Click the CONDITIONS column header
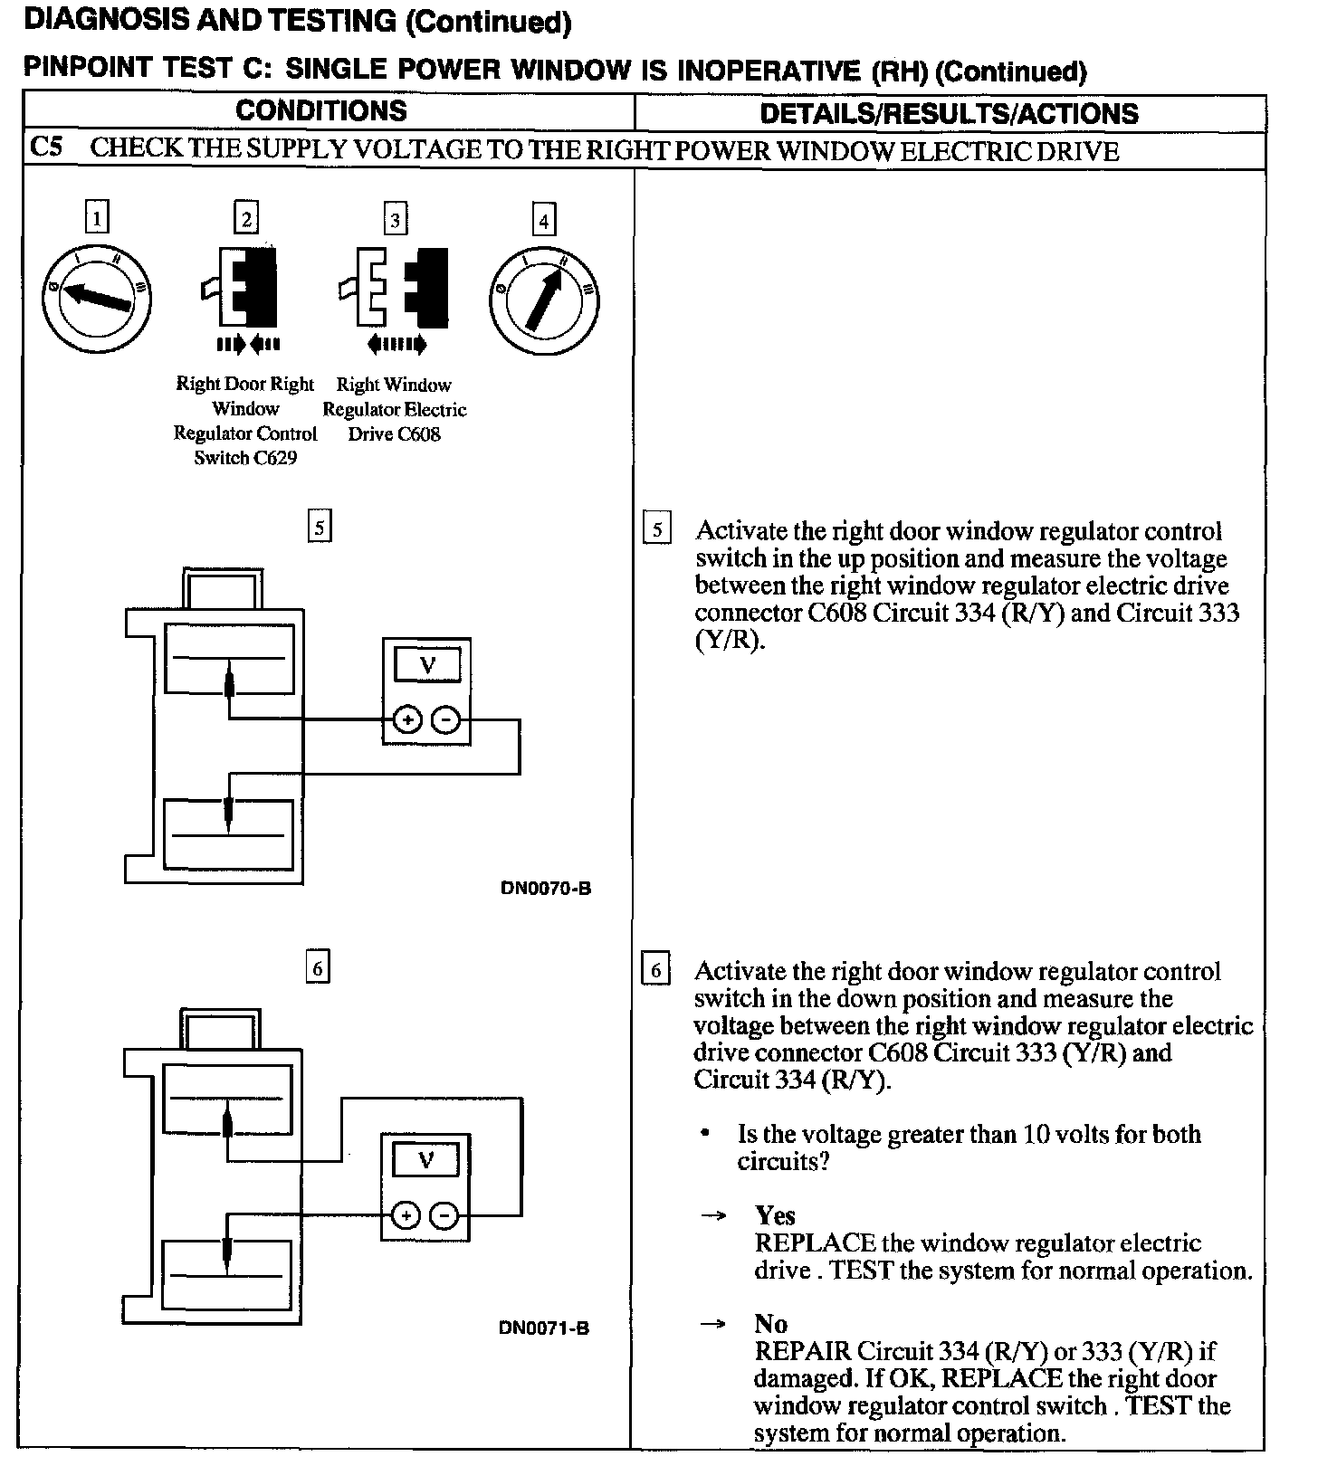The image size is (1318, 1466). pyautogui.click(x=321, y=112)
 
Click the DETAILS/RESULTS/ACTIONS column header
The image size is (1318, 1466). pyautogui.click(x=949, y=114)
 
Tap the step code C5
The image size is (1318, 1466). pyautogui.click(x=46, y=148)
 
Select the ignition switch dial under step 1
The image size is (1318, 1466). pyautogui.click(x=97, y=299)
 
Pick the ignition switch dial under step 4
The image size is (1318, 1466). pyautogui.click(x=543, y=300)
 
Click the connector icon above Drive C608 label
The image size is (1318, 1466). pyautogui.click(x=395, y=288)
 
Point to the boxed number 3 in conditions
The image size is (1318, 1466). pyautogui.click(x=395, y=220)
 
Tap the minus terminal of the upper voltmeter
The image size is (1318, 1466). pyautogui.click(x=445, y=720)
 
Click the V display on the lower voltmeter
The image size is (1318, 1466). pyautogui.click(x=425, y=1159)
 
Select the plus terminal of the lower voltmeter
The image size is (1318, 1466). pyautogui.click(x=406, y=1215)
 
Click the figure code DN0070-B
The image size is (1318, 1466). pyautogui.click(x=546, y=888)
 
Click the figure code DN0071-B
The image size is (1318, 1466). pyautogui.click(x=544, y=1328)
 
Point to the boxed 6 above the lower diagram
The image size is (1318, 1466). pyautogui.click(x=318, y=968)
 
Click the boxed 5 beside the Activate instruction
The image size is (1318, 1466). pyautogui.click(x=656, y=529)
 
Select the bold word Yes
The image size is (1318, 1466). pyautogui.click(x=775, y=1215)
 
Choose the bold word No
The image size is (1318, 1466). pyautogui.click(x=770, y=1324)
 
